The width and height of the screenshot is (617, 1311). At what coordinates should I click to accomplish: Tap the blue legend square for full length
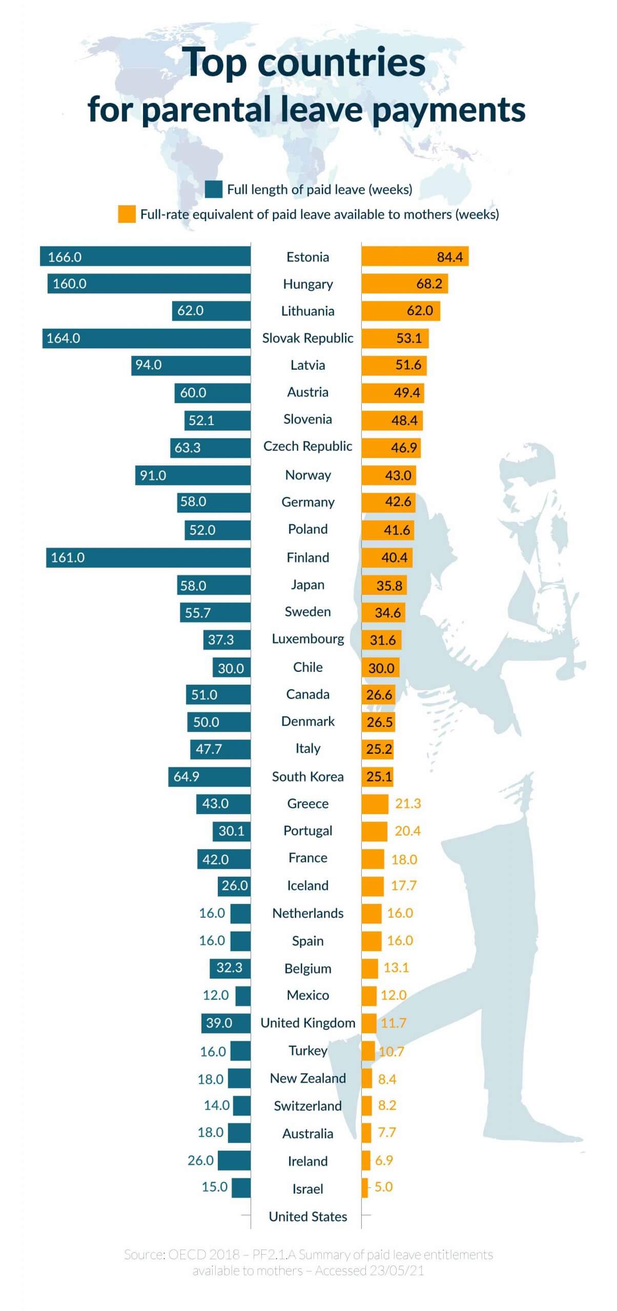click(213, 189)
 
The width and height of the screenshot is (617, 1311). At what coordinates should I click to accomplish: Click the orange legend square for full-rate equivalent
click(127, 214)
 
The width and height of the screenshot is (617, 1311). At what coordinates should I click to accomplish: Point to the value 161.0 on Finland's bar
click(68, 558)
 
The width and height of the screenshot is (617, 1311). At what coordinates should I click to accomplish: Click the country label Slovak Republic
click(307, 338)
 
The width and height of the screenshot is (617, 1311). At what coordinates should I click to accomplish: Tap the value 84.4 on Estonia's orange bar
click(449, 257)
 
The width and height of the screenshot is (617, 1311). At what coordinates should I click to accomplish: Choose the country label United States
click(307, 1216)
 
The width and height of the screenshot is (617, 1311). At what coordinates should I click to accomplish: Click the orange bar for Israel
click(365, 1188)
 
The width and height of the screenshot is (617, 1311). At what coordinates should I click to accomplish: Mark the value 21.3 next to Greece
click(408, 803)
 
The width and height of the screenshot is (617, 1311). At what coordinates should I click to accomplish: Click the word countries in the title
click(341, 62)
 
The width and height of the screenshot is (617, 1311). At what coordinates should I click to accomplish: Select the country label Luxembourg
click(307, 639)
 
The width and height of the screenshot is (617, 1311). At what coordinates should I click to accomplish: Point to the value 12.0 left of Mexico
click(215, 995)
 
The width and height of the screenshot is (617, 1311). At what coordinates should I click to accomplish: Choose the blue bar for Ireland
click(234, 1160)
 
